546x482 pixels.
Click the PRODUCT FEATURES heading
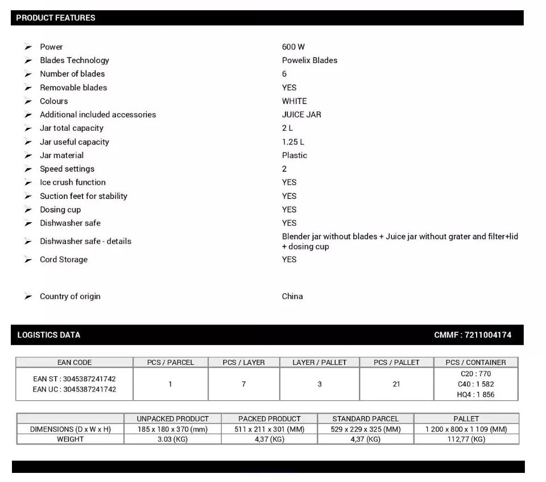tap(56, 18)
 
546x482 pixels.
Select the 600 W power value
tap(293, 47)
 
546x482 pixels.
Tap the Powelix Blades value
tap(309, 60)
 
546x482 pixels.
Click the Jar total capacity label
tap(72, 128)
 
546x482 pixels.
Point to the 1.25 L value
tap(293, 142)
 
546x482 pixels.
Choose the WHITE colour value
tap(294, 101)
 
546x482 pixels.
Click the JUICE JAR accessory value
tap(301, 114)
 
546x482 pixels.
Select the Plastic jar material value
tap(294, 155)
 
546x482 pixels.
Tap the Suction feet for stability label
tap(84, 196)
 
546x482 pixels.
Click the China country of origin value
tap(292, 296)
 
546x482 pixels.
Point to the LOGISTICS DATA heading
tap(49, 335)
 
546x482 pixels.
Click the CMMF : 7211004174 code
tap(473, 335)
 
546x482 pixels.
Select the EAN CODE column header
tap(75, 362)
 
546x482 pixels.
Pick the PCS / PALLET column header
tap(396, 362)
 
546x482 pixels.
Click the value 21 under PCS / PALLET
tap(396, 384)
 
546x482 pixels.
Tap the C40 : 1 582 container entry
tap(477, 384)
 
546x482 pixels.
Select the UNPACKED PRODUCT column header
tap(172, 419)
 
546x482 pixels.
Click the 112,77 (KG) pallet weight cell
tap(466, 439)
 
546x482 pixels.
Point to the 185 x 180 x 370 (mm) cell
tap(172, 429)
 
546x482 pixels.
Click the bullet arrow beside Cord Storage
tap(28, 260)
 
